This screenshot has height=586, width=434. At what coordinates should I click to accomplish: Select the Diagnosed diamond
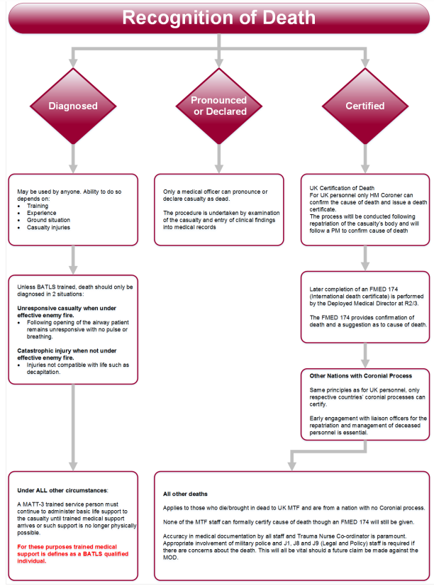click(72, 106)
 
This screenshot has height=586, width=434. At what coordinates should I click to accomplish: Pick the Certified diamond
click(365, 106)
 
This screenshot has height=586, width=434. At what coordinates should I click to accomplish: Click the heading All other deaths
click(187, 494)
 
